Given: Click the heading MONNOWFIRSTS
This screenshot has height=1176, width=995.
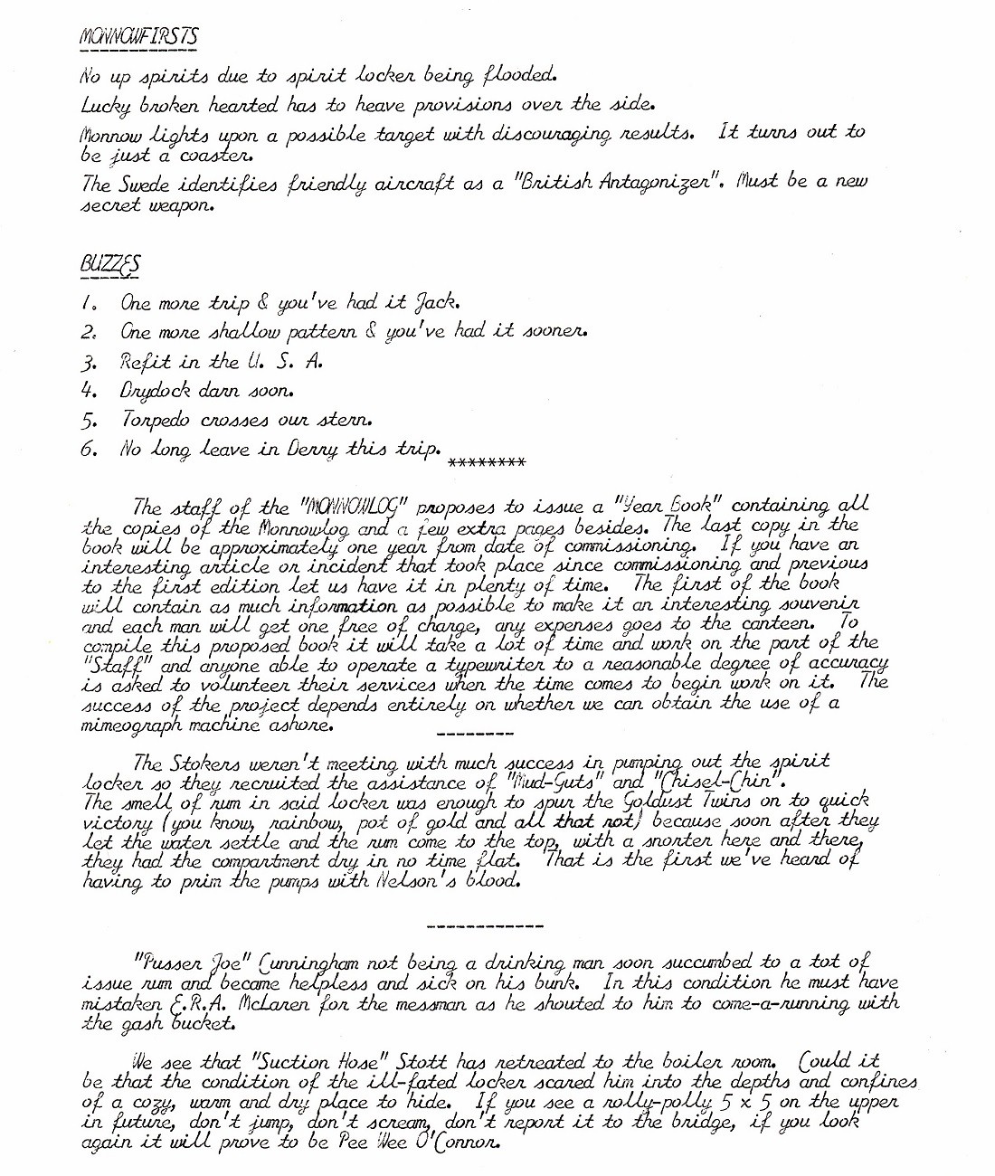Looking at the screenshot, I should pos(138,37).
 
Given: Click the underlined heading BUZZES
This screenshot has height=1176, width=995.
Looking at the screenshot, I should pos(109,264).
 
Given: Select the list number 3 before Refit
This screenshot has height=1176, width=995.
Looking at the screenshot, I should pos(89,362).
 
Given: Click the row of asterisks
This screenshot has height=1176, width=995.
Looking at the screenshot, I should pos(487,463).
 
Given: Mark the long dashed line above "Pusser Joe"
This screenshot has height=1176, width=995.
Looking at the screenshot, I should pos(484,926).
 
